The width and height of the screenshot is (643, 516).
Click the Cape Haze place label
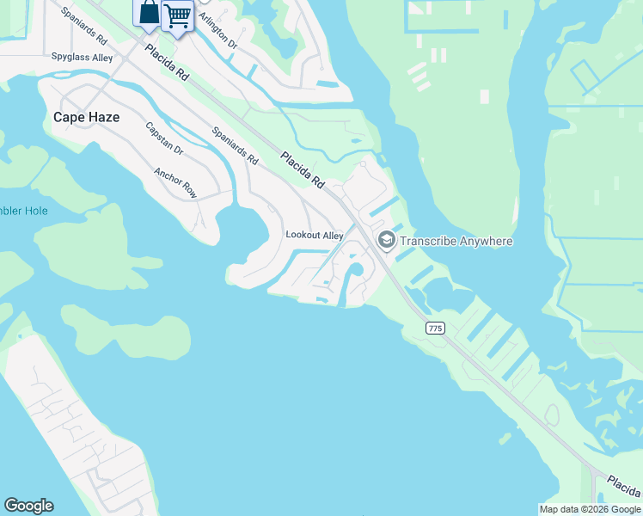[x=86, y=117]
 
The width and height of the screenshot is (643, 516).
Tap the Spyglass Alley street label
[x=82, y=58]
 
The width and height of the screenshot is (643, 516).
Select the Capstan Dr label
[x=164, y=138]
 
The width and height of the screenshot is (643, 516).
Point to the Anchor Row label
[x=175, y=182]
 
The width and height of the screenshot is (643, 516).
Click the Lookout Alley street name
[x=315, y=236]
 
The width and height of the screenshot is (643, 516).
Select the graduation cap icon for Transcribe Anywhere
[x=386, y=240]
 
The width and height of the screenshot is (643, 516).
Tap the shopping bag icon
[x=148, y=13]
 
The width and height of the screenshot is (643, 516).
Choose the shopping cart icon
[x=178, y=15]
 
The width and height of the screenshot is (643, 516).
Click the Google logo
[x=28, y=506]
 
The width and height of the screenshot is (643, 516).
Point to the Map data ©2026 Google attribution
[x=590, y=509]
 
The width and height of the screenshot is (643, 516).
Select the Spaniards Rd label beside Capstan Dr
[x=235, y=146]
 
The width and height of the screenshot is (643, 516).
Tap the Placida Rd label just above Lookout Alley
[x=303, y=169]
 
